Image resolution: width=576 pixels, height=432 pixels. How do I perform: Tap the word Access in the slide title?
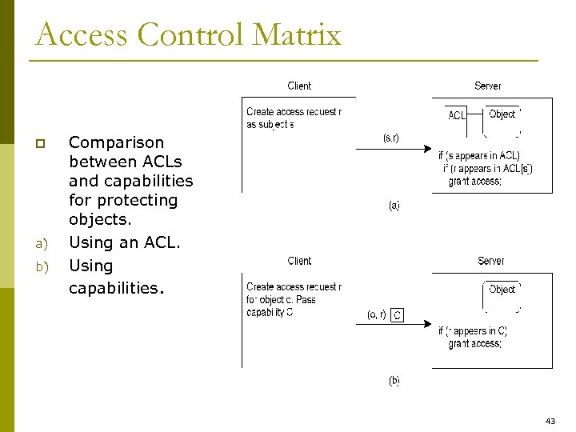pyautogui.click(x=82, y=34)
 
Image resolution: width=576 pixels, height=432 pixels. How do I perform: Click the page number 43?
pyautogui.click(x=550, y=420)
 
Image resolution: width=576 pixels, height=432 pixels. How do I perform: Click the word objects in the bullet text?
pyautogui.click(x=100, y=219)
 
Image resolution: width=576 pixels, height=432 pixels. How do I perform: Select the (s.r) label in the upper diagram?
pyautogui.click(x=392, y=138)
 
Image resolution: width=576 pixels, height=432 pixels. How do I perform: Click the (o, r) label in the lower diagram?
pyautogui.click(x=377, y=314)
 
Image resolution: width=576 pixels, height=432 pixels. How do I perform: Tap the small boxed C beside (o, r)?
pyautogui.click(x=398, y=315)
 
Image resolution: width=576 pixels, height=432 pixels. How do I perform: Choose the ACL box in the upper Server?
pyautogui.click(x=457, y=115)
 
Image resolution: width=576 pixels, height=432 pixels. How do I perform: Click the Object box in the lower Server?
pyautogui.click(x=502, y=289)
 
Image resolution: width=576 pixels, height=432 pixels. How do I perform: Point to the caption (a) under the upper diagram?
pyautogui.click(x=394, y=206)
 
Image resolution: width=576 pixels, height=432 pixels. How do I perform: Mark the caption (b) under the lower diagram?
pyautogui.click(x=394, y=381)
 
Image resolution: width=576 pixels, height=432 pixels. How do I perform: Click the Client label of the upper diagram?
pyautogui.click(x=299, y=86)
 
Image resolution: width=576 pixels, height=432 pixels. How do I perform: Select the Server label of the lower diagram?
pyautogui.click(x=490, y=261)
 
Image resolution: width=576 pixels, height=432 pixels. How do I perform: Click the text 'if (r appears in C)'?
pyautogui.click(x=472, y=330)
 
